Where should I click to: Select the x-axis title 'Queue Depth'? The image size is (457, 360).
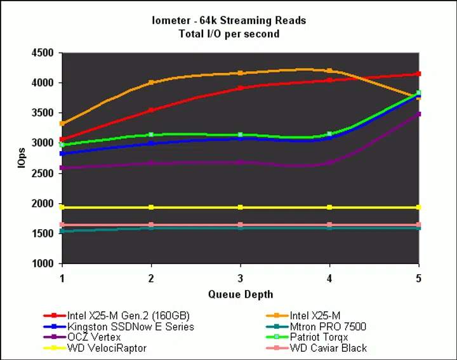(241, 295)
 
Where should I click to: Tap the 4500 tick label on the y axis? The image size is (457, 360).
(42, 53)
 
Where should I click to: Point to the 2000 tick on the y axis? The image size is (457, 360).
(42, 204)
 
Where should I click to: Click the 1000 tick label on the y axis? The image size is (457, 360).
(42, 264)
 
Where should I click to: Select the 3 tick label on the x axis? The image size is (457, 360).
(241, 277)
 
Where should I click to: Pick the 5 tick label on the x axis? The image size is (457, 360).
(418, 277)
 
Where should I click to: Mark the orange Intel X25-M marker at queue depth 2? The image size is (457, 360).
(151, 83)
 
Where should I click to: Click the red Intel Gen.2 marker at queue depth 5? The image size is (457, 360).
(418, 74)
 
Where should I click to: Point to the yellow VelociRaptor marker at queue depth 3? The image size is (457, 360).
(241, 208)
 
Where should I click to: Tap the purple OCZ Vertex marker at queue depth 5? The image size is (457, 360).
(418, 114)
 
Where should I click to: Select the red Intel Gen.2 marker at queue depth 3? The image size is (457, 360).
(241, 88)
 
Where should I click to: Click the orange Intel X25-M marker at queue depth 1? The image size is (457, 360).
(62, 124)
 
